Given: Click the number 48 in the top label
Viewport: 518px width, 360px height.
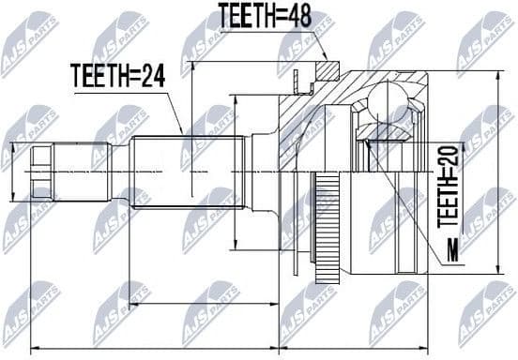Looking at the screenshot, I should (x=297, y=14).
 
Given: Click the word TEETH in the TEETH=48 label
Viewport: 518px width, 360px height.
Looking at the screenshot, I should (x=246, y=14).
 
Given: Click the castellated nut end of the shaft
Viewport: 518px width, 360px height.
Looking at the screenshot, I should (x=43, y=172).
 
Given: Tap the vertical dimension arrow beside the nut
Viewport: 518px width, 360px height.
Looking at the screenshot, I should (x=14, y=172).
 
